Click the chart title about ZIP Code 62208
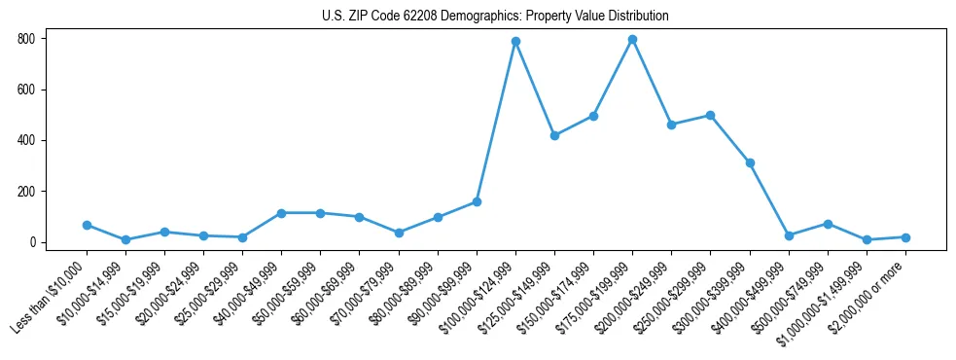495,17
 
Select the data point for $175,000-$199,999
632,39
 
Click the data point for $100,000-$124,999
515,41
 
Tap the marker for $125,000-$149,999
554,135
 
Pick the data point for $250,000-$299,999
710,115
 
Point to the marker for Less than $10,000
87,225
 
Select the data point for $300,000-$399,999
750,162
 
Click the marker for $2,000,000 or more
905,237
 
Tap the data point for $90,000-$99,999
477,201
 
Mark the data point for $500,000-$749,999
828,224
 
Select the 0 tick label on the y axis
33,242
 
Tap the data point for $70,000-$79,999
399,233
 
